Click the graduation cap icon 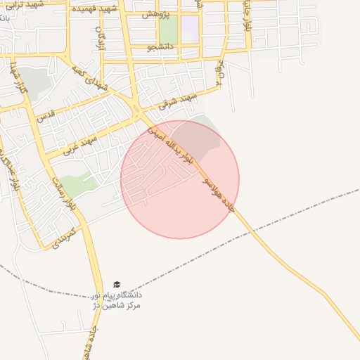click(x=117, y=285)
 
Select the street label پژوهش click(x=155, y=15)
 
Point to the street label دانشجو click(x=160, y=48)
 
